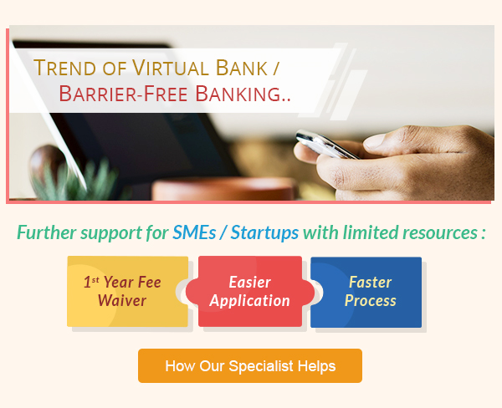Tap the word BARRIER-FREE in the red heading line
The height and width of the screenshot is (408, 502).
123,94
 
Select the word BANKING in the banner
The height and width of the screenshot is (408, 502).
238,94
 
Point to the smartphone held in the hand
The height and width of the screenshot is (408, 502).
326,145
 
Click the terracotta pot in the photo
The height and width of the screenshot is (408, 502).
224,190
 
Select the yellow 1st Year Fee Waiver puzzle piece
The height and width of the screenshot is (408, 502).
127,292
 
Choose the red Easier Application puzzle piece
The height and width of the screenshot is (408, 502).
250,292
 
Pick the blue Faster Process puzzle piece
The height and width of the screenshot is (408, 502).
366,292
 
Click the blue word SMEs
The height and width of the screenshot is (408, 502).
194,232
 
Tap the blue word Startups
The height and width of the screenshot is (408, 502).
264,233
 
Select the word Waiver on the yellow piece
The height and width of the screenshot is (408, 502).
122,300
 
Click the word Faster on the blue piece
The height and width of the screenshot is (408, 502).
370,283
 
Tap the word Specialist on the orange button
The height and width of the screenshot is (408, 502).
261,366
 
